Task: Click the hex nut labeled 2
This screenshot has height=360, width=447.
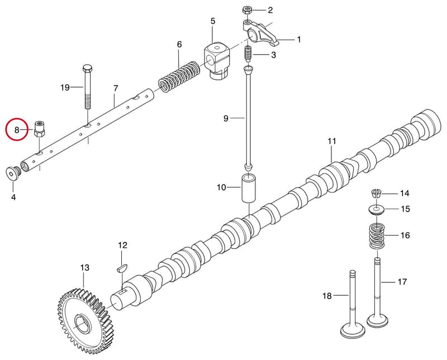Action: (247, 11)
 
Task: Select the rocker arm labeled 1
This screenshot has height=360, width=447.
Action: (260, 33)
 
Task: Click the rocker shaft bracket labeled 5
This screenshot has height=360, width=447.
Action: (217, 61)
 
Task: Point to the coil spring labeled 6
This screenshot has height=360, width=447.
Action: (179, 76)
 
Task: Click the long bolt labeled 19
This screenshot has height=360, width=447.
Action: (87, 88)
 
